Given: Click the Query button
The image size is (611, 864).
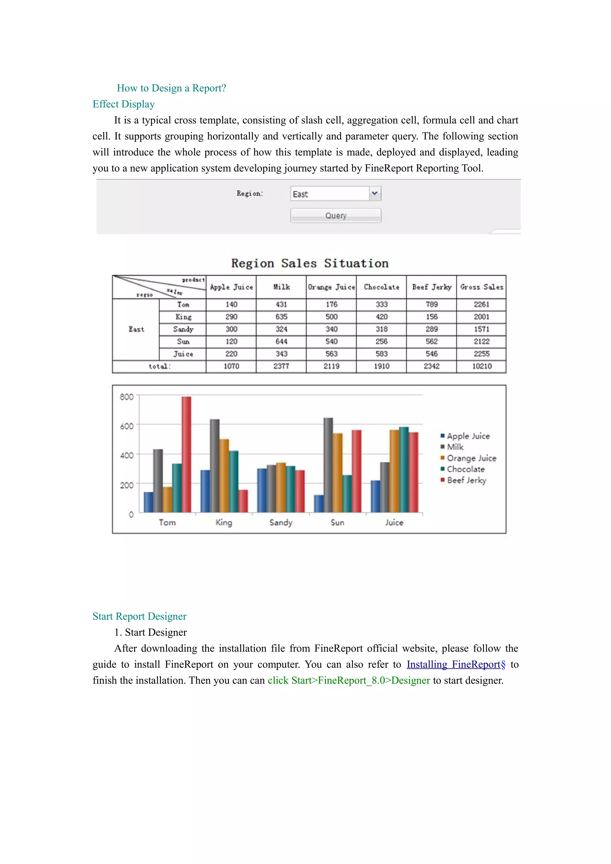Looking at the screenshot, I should tap(335, 216).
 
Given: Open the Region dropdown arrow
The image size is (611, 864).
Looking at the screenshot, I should tap(375, 193).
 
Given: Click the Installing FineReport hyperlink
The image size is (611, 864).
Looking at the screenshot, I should tap(456, 664).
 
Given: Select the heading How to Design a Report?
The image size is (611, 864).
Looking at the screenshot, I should tap(171, 88).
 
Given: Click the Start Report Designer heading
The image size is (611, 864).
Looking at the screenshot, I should tap(139, 616).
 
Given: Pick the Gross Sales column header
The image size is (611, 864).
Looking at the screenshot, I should tap(481, 287).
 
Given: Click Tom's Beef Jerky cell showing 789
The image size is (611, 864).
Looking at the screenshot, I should tap(431, 304).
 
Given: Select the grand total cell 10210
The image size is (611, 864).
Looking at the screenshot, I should tap(482, 366).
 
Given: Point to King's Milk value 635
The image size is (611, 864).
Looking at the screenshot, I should tap(281, 317).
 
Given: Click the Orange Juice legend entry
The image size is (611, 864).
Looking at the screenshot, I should tap(471, 458).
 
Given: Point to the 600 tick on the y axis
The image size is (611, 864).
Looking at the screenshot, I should tap(126, 426).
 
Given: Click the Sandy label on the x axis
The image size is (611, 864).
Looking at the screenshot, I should tap(281, 522).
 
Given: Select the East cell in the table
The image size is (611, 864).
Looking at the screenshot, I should tap(136, 329).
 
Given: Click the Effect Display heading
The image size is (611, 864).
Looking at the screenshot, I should tap(124, 104).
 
